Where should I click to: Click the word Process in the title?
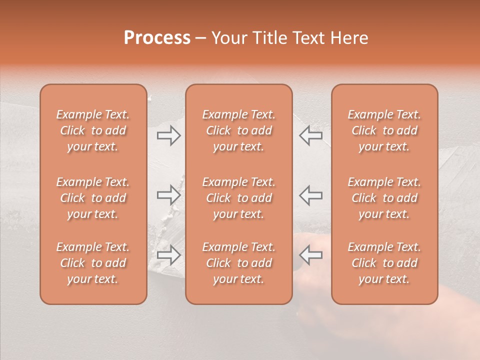(x=157, y=38)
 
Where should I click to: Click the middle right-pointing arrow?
(x=169, y=195)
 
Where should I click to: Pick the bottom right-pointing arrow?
(x=169, y=254)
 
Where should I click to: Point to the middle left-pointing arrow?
(x=311, y=195)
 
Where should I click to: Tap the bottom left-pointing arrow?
(x=311, y=254)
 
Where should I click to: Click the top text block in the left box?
(x=93, y=130)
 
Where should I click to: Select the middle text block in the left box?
(x=93, y=198)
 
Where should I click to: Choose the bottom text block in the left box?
(x=93, y=263)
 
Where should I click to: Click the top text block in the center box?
(x=239, y=130)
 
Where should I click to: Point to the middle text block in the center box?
(x=239, y=198)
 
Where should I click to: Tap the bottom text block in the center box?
(x=239, y=263)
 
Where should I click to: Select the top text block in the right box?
(x=384, y=130)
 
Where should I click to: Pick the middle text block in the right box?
(x=384, y=198)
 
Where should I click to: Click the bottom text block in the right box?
(x=384, y=263)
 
